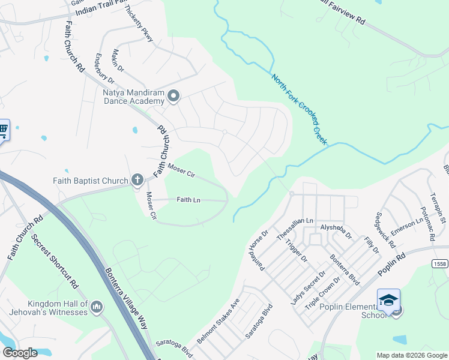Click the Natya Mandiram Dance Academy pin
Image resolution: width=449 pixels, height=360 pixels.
click(173, 96)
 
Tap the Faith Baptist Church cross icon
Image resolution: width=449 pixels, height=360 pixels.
click(137, 179)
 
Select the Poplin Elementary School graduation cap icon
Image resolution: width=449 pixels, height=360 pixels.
click(388, 299)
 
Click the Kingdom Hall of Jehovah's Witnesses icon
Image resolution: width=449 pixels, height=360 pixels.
click(97, 308)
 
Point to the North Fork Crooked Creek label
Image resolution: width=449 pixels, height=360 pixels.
click(299, 109)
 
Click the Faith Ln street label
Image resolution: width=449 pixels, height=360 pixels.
click(188, 200)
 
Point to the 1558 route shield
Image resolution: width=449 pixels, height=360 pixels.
click(439, 263)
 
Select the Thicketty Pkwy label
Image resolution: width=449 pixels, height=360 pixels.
click(139, 25)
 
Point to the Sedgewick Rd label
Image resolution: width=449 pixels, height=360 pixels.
click(385, 230)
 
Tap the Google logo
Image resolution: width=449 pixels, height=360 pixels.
click(20, 353)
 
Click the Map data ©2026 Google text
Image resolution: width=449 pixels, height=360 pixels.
click(411, 355)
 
